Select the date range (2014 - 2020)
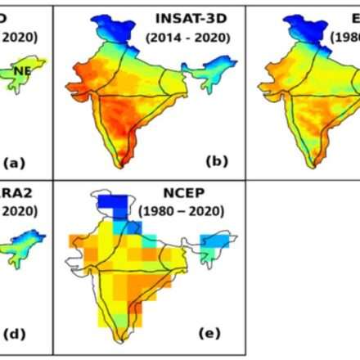(x=188, y=38)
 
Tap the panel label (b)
(x=217, y=161)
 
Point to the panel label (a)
(x=15, y=162)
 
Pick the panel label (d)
(x=15, y=334)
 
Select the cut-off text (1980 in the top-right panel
(x=344, y=38)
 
